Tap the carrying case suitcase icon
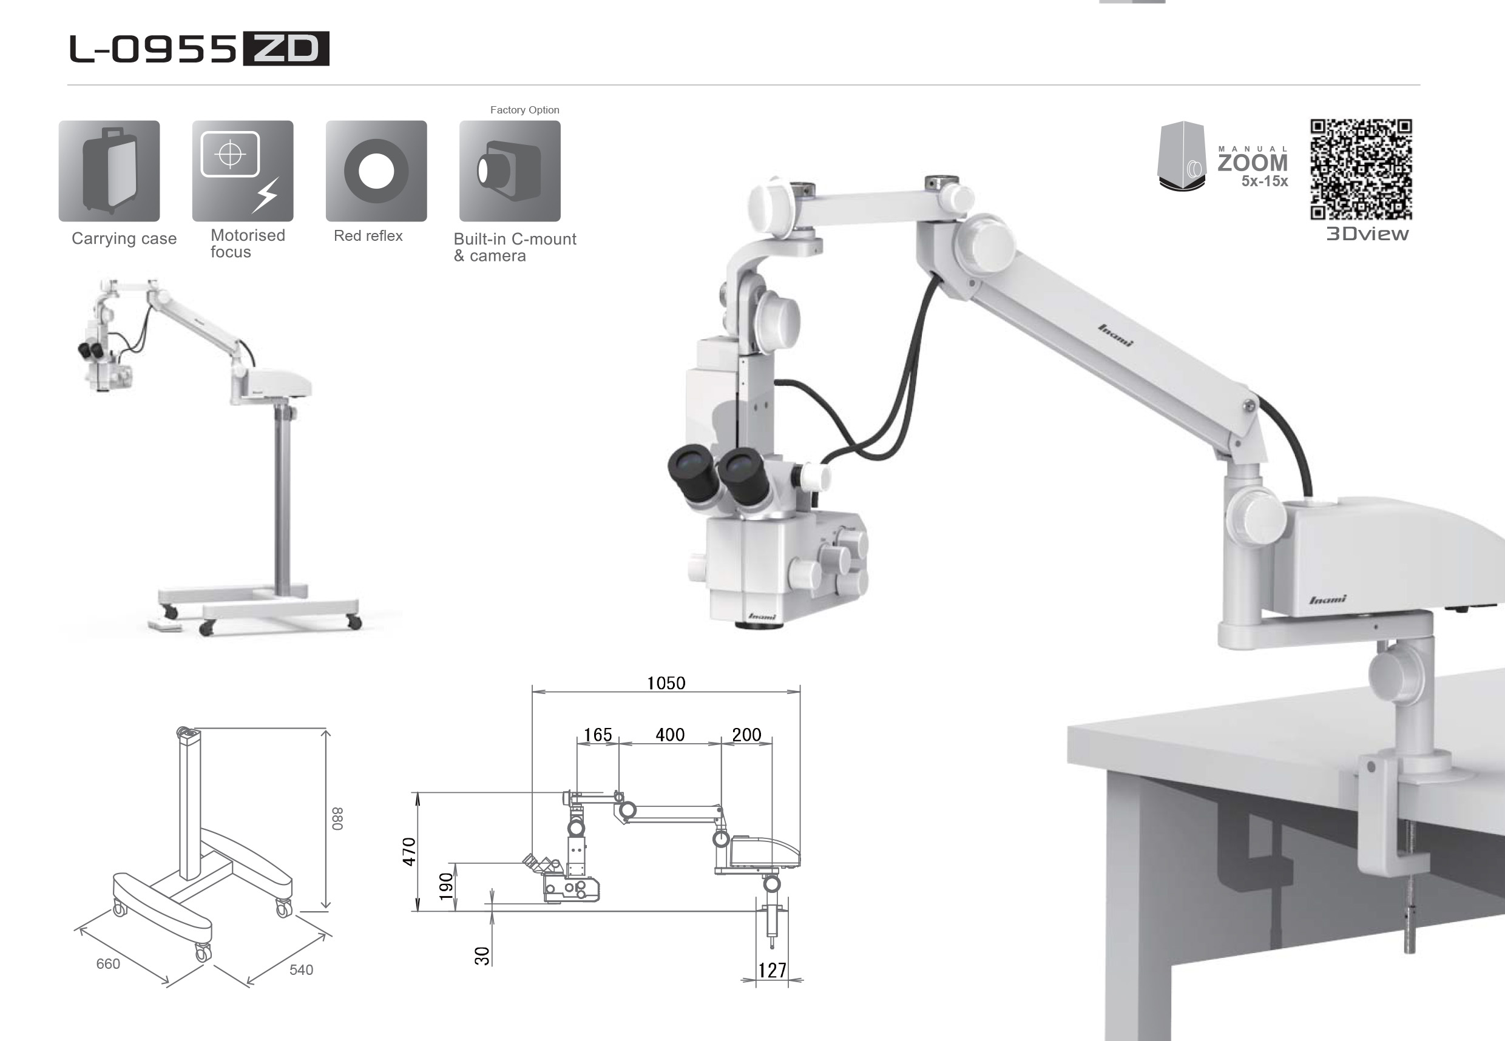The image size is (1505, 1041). point(109,171)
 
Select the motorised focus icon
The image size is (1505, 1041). point(243,171)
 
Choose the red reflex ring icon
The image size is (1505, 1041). point(376,171)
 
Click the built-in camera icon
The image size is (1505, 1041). point(510,171)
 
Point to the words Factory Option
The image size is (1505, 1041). point(524,110)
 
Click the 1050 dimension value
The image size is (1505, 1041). point(666,683)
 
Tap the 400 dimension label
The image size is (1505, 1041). point(670,735)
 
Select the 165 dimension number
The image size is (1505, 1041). point(598,735)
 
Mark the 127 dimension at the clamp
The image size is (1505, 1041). point(773,971)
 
